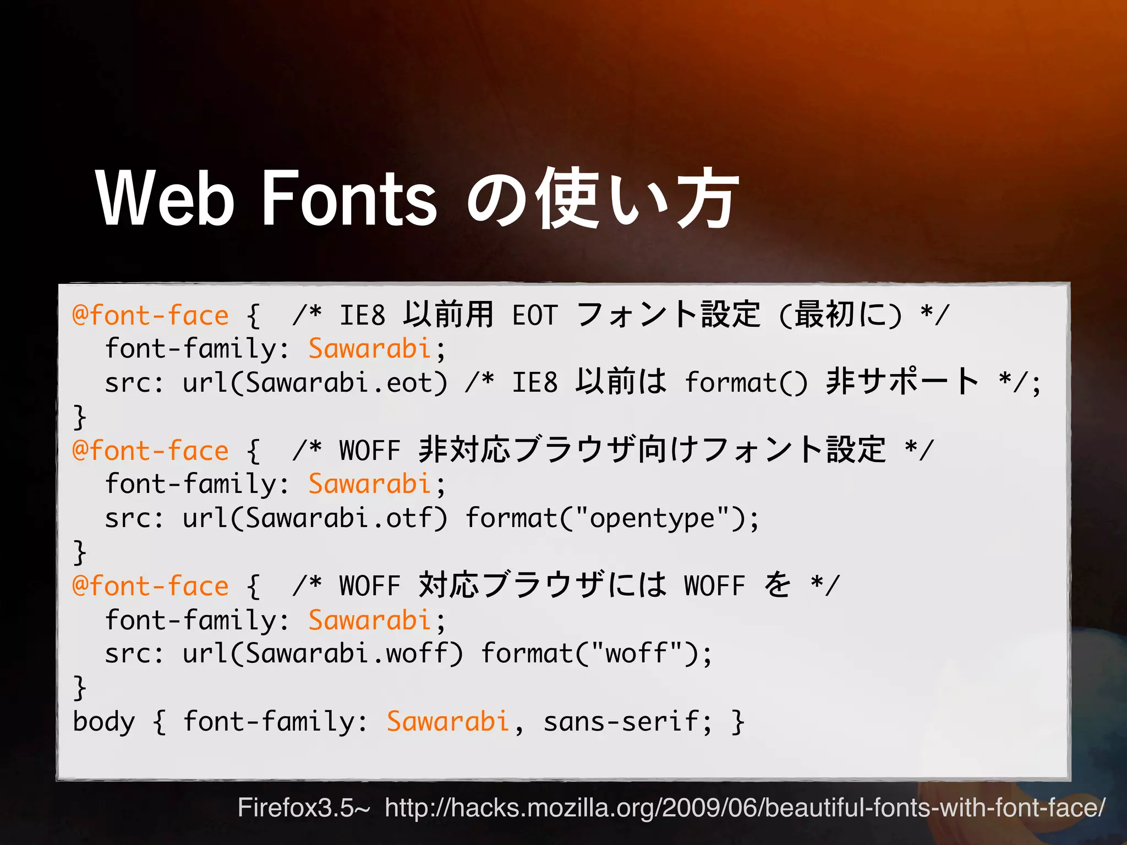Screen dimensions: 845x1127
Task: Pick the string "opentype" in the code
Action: (652, 518)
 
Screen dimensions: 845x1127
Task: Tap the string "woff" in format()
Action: (636, 653)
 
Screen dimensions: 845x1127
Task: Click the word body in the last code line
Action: (103, 722)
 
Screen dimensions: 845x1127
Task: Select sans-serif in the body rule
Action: (621, 722)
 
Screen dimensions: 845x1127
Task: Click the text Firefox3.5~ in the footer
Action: (304, 808)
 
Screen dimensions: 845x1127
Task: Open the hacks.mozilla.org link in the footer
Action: (745, 808)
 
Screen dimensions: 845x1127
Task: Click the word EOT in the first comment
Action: (535, 316)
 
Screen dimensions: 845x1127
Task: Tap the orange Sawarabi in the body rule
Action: (448, 722)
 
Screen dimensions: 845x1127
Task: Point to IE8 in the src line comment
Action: (535, 382)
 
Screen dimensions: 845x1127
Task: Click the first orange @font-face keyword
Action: (150, 316)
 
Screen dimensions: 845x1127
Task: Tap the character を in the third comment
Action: (778, 585)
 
